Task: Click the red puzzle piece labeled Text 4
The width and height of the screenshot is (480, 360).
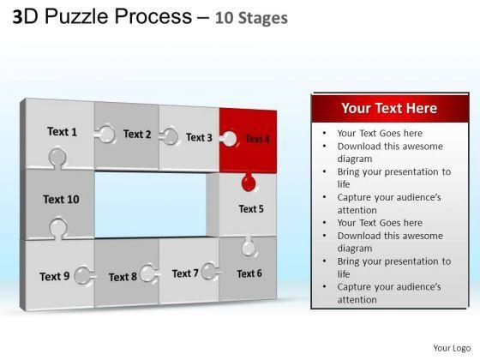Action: (x=248, y=141)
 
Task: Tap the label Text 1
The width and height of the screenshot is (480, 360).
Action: (x=62, y=132)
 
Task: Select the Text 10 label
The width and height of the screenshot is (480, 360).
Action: (x=61, y=199)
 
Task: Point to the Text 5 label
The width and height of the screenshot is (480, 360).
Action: (x=251, y=209)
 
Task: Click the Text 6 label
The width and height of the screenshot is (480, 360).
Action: (x=249, y=273)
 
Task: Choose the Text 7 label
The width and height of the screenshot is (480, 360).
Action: (x=185, y=273)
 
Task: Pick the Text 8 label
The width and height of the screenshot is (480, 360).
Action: (x=123, y=277)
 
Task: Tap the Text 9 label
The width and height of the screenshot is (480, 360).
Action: (x=55, y=276)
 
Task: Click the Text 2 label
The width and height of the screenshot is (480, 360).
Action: (x=137, y=134)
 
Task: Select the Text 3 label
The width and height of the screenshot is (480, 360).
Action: (x=199, y=137)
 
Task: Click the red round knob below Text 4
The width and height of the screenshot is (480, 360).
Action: (x=249, y=183)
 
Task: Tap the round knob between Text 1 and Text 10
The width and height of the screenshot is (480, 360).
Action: (x=57, y=158)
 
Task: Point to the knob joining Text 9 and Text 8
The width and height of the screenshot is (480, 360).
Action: (x=84, y=275)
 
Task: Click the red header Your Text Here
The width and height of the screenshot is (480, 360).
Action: (x=389, y=108)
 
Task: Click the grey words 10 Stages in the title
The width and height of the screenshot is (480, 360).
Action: (x=251, y=18)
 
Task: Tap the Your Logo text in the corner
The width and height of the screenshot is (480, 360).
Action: (x=452, y=348)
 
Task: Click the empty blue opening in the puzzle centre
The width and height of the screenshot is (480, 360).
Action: (x=150, y=205)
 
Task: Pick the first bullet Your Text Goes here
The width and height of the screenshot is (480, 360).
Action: (x=380, y=133)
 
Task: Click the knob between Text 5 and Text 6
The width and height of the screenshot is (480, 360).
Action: (x=249, y=247)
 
